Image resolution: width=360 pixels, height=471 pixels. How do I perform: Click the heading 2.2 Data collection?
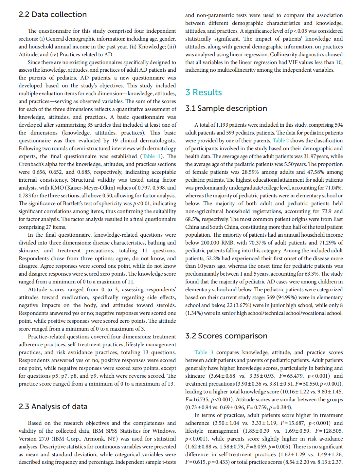(x=53, y=14)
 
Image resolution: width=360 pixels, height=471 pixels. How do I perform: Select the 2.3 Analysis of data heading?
(x=53, y=407)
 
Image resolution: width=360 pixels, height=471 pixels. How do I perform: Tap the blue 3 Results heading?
(x=204, y=92)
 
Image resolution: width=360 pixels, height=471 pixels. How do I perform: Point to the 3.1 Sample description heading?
(x=226, y=108)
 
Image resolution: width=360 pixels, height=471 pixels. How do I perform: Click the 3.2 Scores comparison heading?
(x=226, y=336)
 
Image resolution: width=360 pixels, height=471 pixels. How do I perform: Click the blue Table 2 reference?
(x=281, y=140)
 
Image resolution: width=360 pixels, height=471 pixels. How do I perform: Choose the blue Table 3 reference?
(x=204, y=352)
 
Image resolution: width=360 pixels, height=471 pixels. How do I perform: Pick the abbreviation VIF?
(x=294, y=62)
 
